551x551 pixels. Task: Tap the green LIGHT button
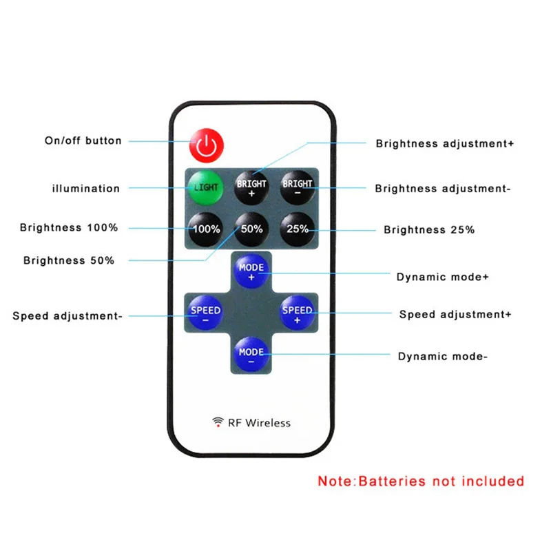click(x=206, y=187)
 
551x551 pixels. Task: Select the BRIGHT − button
click(x=298, y=187)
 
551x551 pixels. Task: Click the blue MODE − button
click(x=251, y=355)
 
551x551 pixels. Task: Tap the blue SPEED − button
click(x=205, y=313)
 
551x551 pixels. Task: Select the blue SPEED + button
click(x=298, y=313)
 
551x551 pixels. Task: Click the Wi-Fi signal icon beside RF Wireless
click(x=218, y=422)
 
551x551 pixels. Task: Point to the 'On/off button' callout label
click(x=83, y=141)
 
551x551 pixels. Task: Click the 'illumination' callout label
click(x=86, y=188)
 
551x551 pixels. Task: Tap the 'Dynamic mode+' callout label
click(x=443, y=277)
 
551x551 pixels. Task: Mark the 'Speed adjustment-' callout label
click(x=67, y=316)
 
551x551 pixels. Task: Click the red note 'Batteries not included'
click(x=421, y=481)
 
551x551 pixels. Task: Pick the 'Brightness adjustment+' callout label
click(x=445, y=144)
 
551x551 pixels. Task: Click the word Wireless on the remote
click(x=268, y=422)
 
